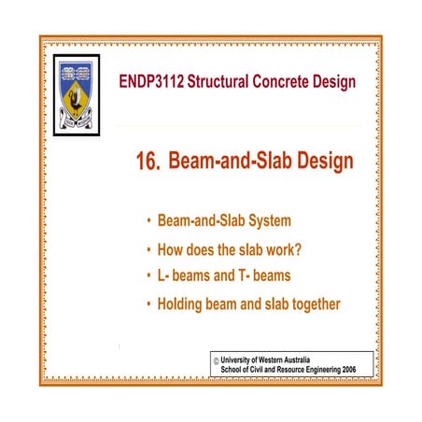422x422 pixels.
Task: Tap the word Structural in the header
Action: [223, 82]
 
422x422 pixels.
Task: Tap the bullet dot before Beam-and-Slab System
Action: [148, 223]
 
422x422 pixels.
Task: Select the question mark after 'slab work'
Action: [305, 249]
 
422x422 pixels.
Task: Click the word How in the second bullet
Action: [174, 249]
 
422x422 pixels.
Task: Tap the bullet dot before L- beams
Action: [148, 276]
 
